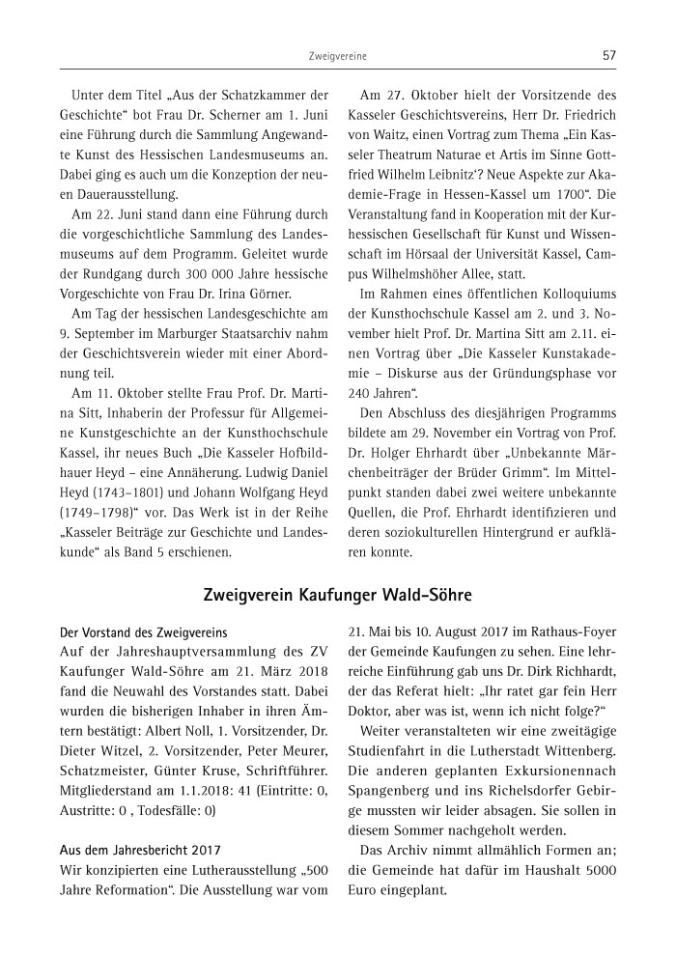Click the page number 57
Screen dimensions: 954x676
point(608,56)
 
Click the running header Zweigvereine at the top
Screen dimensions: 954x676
point(338,57)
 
